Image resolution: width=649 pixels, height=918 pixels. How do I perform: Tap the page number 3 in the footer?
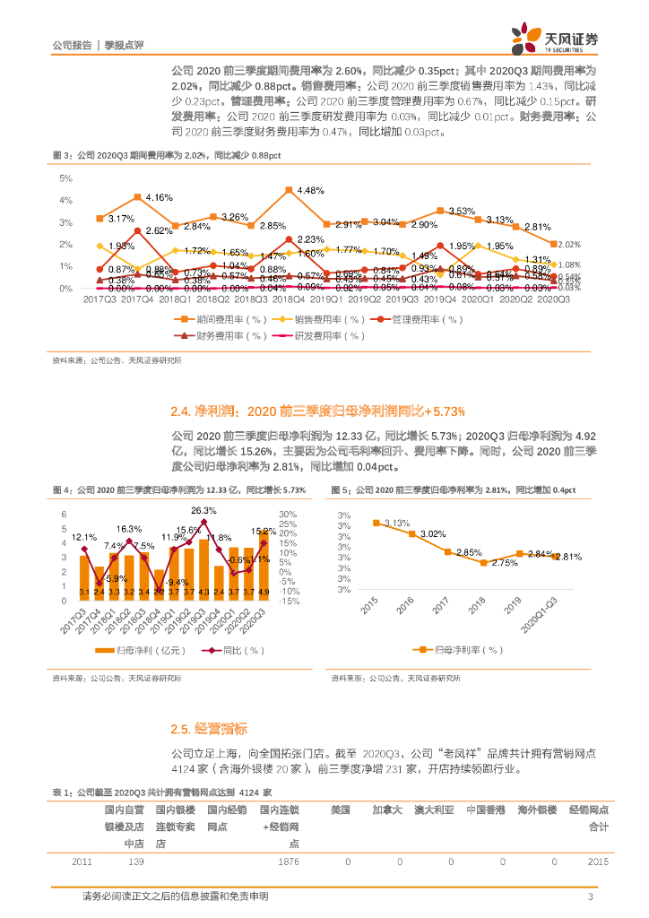point(590,896)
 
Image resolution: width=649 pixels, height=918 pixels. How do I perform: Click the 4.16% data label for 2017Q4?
point(160,197)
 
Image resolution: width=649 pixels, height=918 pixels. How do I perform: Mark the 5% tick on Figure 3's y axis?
point(66,178)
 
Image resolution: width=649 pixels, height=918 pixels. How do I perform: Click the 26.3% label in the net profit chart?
point(203,510)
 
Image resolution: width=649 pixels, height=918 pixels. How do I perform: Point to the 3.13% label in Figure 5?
point(397,523)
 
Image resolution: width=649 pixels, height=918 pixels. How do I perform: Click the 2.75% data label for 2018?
point(506,563)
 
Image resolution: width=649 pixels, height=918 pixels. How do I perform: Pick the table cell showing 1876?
point(288,862)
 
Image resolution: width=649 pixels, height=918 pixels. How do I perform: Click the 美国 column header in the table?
point(340,810)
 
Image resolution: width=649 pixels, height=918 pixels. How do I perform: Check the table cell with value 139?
point(135,862)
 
